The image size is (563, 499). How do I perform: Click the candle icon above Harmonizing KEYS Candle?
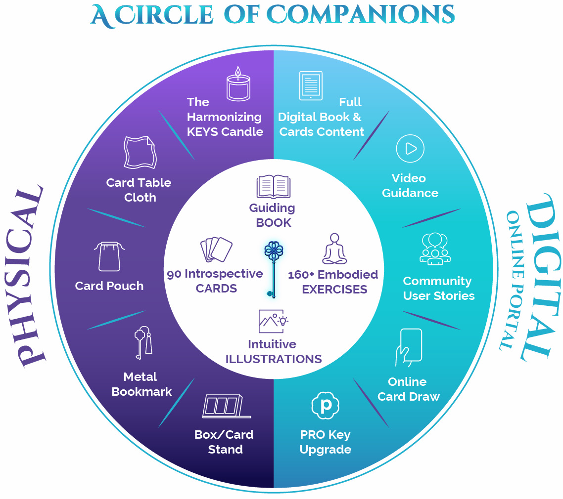[238, 83]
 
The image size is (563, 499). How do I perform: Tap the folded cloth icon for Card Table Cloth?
[139, 153]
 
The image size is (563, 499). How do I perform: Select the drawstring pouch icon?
[109, 256]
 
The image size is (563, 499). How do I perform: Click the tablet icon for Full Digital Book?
[311, 85]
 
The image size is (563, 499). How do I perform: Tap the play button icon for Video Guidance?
[410, 148]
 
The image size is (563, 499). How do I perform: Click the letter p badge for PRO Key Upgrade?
[325, 405]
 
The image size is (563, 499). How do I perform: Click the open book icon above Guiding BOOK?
[273, 187]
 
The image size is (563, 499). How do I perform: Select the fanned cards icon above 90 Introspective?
[216, 249]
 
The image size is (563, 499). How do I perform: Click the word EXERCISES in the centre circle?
[334, 289]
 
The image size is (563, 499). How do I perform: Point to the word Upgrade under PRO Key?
[326, 450]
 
